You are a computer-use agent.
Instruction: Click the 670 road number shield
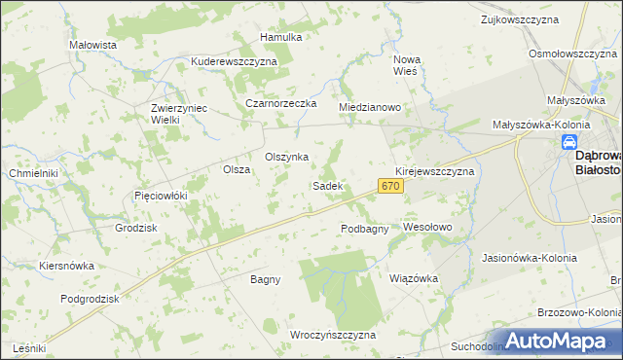click(x=390, y=185)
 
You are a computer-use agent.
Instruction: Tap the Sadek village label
click(x=326, y=185)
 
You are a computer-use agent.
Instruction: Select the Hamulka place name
click(x=281, y=37)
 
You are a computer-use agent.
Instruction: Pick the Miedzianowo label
click(x=370, y=107)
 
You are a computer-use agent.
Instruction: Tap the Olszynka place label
click(x=287, y=157)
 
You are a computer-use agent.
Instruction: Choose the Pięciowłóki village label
click(x=160, y=196)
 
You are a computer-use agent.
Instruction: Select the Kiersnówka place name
click(x=66, y=265)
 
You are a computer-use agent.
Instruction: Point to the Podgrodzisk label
click(x=90, y=299)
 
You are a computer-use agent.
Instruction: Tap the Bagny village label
click(x=265, y=279)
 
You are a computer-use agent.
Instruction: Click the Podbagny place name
click(x=365, y=229)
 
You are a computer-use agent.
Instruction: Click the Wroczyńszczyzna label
click(x=332, y=334)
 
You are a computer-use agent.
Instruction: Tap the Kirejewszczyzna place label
click(x=434, y=170)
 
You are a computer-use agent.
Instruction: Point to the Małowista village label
click(x=93, y=45)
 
